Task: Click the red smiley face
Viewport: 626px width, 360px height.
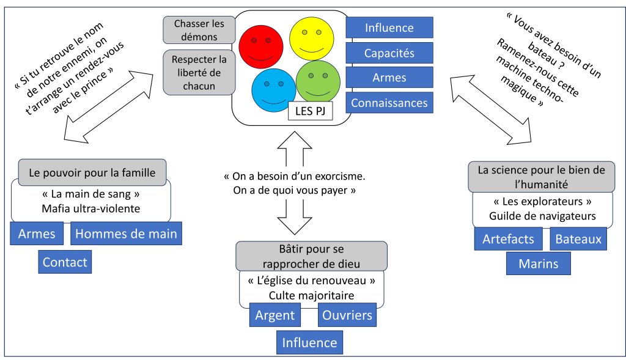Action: [260, 46]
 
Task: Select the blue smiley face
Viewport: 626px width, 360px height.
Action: [273, 88]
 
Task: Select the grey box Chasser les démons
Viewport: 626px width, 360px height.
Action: [199, 30]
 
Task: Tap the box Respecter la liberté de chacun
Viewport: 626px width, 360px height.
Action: [199, 73]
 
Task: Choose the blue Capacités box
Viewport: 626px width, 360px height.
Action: [389, 53]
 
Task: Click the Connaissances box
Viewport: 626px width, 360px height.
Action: [389, 102]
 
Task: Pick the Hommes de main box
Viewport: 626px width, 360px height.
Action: [126, 233]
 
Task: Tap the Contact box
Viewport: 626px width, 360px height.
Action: [65, 262]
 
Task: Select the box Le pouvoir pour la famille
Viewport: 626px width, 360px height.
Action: [92, 172]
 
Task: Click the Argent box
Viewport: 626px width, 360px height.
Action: [275, 315]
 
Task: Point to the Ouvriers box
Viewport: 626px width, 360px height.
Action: [347, 315]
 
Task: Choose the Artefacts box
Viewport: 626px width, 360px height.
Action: [508, 238]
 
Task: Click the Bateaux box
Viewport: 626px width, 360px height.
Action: [578, 238]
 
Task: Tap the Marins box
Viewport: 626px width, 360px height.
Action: [538, 263]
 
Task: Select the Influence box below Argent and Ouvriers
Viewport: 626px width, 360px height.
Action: [309, 342]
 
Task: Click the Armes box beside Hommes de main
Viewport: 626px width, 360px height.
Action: [37, 233]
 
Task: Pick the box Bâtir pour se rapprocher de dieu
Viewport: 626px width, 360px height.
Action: [312, 256]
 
